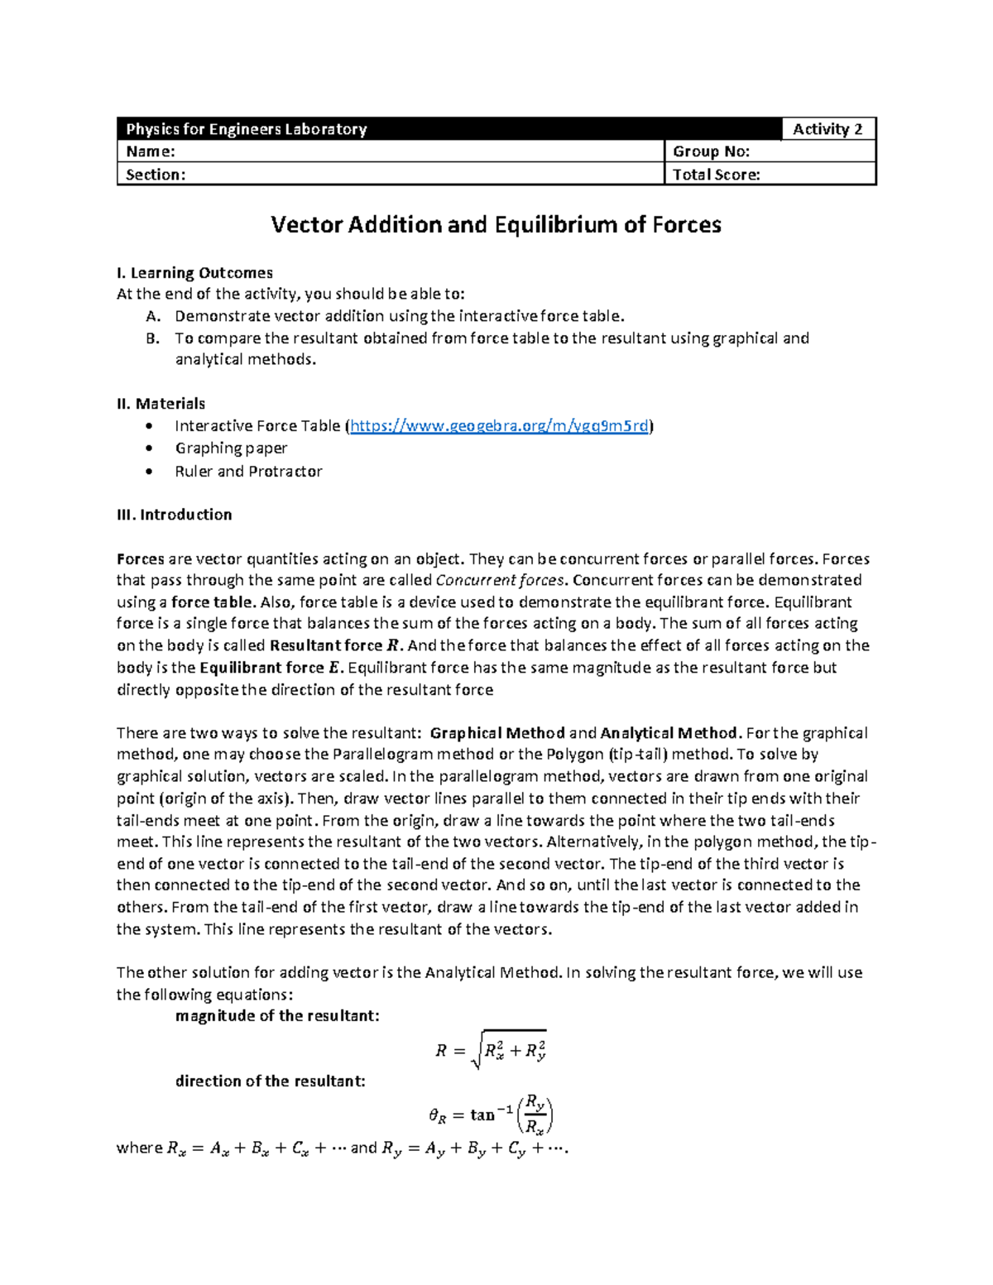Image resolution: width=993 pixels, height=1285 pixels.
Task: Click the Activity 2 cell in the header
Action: [827, 129]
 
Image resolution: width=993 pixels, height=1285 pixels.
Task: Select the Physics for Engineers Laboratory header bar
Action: [447, 129]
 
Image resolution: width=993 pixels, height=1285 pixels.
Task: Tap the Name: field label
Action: [151, 151]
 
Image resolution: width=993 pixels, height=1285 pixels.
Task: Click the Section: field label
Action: [156, 175]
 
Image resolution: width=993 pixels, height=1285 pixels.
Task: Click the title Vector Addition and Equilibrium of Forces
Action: [496, 225]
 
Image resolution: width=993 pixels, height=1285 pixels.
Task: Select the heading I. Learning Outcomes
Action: [195, 273]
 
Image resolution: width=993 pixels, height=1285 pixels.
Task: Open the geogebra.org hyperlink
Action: [500, 426]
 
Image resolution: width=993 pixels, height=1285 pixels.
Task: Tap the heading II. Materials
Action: [161, 404]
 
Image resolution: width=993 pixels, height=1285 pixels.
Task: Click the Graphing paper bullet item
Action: [231, 448]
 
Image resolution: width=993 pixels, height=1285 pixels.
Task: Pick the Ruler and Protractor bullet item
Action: [248, 472]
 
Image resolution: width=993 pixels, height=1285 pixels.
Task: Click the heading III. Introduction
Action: [175, 515]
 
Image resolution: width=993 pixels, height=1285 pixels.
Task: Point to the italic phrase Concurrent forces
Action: [500, 580]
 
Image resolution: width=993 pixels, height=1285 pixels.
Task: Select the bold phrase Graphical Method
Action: [498, 733]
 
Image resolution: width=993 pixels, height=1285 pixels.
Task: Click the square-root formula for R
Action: [492, 1051]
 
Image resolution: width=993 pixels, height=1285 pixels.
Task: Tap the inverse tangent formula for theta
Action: [492, 1115]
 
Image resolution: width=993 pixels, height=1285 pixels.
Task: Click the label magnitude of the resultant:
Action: [277, 1016]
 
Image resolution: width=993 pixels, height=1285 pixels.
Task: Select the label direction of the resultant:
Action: [270, 1081]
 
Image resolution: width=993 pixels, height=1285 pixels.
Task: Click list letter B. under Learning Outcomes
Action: [152, 338]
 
